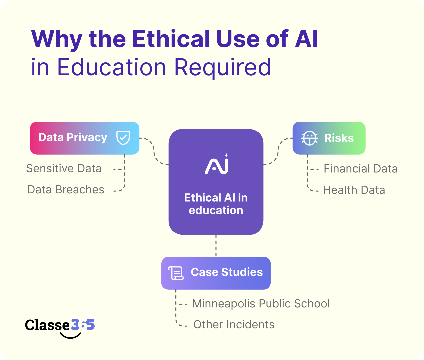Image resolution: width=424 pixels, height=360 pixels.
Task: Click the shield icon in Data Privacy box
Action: [x=123, y=138]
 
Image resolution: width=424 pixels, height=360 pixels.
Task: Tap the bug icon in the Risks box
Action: [x=309, y=138]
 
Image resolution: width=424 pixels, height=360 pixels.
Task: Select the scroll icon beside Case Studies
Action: [x=176, y=273]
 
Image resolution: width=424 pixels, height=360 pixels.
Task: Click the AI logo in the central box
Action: [x=217, y=165]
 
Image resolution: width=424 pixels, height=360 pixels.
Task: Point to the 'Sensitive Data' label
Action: [x=64, y=169]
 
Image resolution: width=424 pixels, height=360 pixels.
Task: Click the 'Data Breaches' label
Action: [x=66, y=190]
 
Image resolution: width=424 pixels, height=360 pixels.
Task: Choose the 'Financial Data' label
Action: [x=361, y=169]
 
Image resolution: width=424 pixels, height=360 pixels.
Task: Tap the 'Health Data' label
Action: [x=354, y=190]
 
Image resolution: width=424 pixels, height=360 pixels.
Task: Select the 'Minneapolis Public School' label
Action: [x=261, y=304]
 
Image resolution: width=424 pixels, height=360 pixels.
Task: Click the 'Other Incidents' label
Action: [x=234, y=325]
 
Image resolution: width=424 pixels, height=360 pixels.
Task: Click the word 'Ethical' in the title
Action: [x=172, y=39]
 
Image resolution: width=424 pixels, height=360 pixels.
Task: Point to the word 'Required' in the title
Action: [x=222, y=68]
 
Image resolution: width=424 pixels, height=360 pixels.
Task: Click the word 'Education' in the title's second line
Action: [x=111, y=68]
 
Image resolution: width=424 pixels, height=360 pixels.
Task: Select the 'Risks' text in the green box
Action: [x=339, y=138]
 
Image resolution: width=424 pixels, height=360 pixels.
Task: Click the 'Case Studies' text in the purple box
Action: [x=227, y=272]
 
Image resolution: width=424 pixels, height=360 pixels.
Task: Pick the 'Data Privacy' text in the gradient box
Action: [x=73, y=138]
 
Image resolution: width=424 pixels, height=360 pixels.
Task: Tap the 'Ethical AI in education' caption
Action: [x=216, y=204]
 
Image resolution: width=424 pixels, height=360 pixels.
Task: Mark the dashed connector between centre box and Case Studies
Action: [x=216, y=246]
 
